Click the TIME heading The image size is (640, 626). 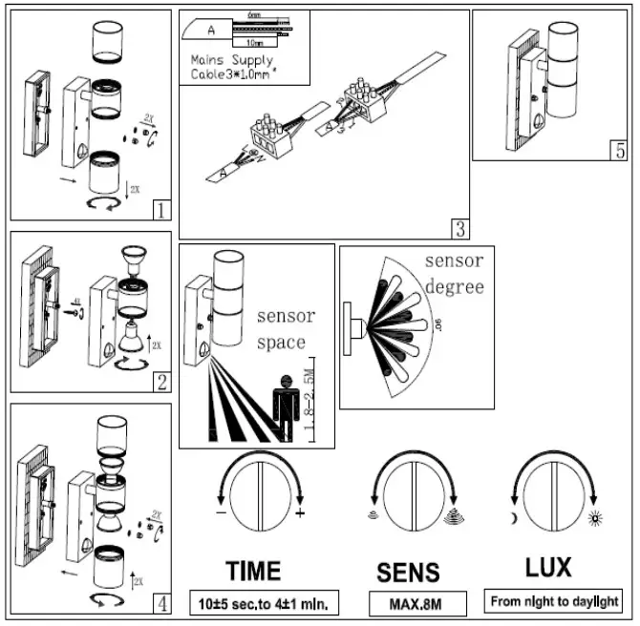(x=253, y=571)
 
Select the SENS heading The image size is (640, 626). (x=407, y=572)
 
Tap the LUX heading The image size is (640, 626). (x=549, y=568)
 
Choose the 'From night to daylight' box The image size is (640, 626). (x=553, y=602)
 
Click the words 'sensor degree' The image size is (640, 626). (x=454, y=274)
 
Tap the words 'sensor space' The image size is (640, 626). (x=281, y=329)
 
